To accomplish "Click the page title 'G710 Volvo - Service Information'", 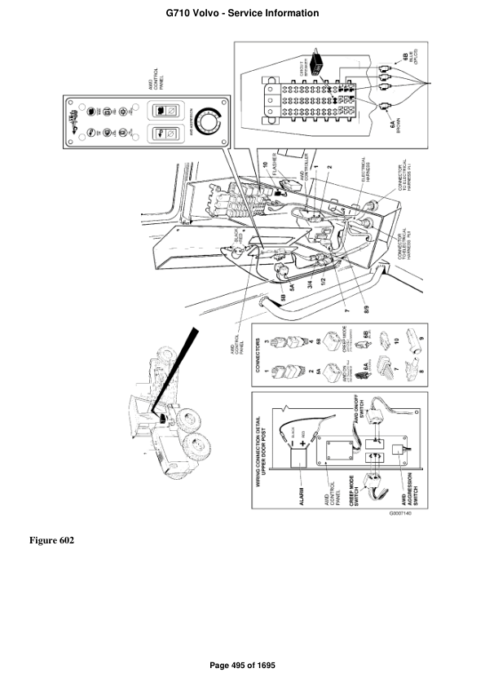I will [242, 13].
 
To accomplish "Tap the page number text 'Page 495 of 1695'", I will [242, 666].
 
